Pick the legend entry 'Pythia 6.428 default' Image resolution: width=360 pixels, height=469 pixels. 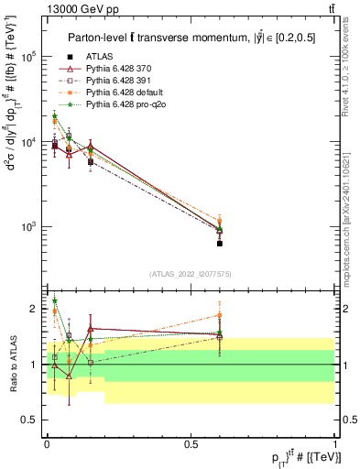pyautogui.click(x=123, y=93)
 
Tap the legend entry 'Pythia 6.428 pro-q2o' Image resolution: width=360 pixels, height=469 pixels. pyautogui.click(x=125, y=105)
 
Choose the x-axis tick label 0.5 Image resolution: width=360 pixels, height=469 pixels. pyautogui.click(x=191, y=443)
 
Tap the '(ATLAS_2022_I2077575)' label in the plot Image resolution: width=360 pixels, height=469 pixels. pyautogui.click(x=191, y=273)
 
